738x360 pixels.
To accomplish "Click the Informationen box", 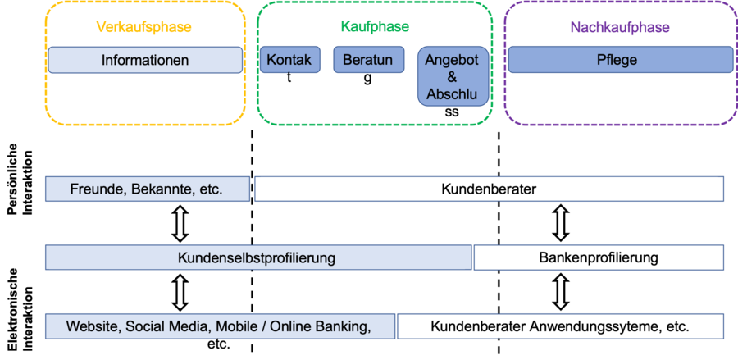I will [x=145, y=60].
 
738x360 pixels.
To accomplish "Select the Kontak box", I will [x=289, y=60].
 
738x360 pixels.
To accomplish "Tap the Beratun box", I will [x=367, y=60].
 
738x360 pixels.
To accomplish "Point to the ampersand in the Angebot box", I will [x=452, y=77].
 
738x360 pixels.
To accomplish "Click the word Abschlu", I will [x=452, y=94].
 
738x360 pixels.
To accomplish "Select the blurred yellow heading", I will [x=144, y=27].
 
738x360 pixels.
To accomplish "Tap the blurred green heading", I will [x=375, y=27].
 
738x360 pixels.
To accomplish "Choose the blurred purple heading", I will [x=620, y=27].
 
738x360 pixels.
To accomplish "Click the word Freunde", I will [x=97, y=189].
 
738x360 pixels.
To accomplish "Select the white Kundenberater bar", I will [x=489, y=189].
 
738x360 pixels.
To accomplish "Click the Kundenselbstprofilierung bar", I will [x=257, y=257].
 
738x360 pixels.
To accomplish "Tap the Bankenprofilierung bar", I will [x=599, y=257].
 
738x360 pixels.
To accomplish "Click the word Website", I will [x=93, y=326].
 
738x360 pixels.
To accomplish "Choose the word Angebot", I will [x=452, y=60].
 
